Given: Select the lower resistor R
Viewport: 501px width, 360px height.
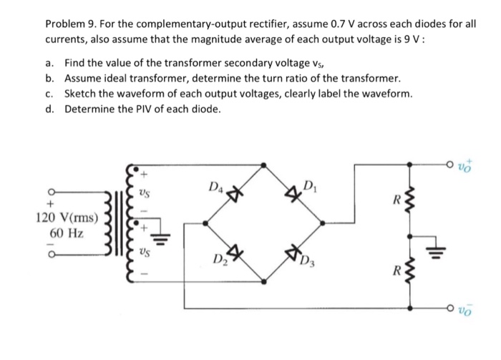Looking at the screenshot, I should pyautogui.click(x=409, y=272).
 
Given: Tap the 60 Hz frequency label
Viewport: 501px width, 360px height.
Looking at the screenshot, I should pyautogui.click(x=66, y=233).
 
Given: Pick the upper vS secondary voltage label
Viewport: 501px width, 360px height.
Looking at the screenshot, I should pyautogui.click(x=144, y=193).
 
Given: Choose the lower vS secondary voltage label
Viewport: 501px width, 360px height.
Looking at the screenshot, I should pyautogui.click(x=144, y=252).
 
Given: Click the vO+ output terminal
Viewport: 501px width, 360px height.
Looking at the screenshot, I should pyautogui.click(x=466, y=164).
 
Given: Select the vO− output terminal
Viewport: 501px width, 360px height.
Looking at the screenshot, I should pyautogui.click(x=466, y=309).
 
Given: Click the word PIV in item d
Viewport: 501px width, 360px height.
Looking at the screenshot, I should pyautogui.click(x=140, y=109).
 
